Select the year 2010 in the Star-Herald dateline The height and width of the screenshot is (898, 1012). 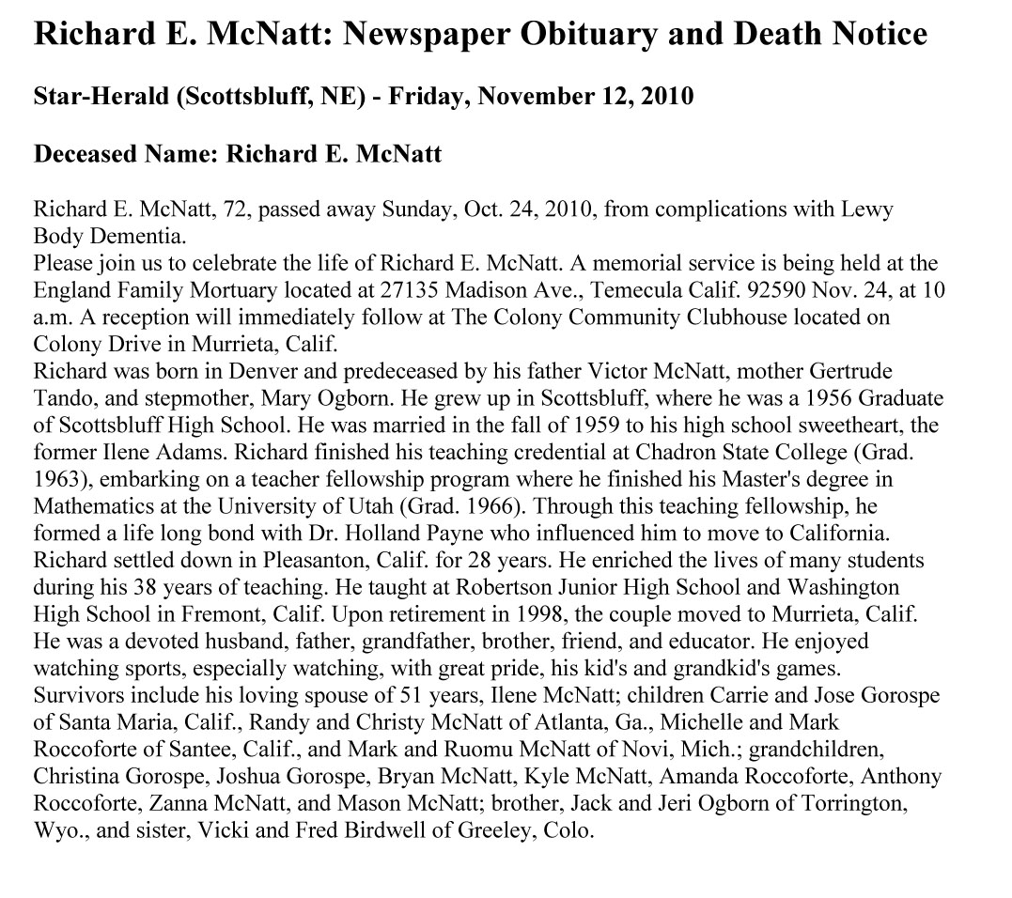[665, 96]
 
